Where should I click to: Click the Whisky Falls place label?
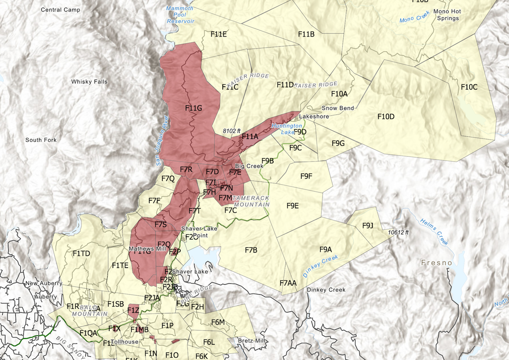pyautogui.click(x=89, y=82)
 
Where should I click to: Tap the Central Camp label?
pyautogui.click(x=60, y=10)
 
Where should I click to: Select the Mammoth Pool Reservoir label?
pyautogui.click(x=180, y=15)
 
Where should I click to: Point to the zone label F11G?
pyautogui.click(x=194, y=108)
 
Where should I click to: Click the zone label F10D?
pyautogui.click(x=386, y=116)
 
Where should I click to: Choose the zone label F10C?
pyautogui.click(x=469, y=87)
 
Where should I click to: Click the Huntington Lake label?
pyautogui.click(x=287, y=129)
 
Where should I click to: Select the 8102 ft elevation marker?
pyautogui.click(x=232, y=131)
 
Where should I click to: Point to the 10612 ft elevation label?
pyautogui.click(x=398, y=232)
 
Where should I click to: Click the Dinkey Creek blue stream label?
pyautogui.click(x=321, y=266)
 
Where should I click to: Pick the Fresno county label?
pyautogui.click(x=437, y=263)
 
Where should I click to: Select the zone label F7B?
pyautogui.click(x=251, y=250)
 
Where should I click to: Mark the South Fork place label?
pyautogui.click(x=41, y=140)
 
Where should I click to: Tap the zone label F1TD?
pyautogui.click(x=81, y=253)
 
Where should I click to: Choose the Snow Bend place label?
pyautogui.click(x=338, y=108)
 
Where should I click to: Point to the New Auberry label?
pyautogui.click(x=43, y=283)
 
